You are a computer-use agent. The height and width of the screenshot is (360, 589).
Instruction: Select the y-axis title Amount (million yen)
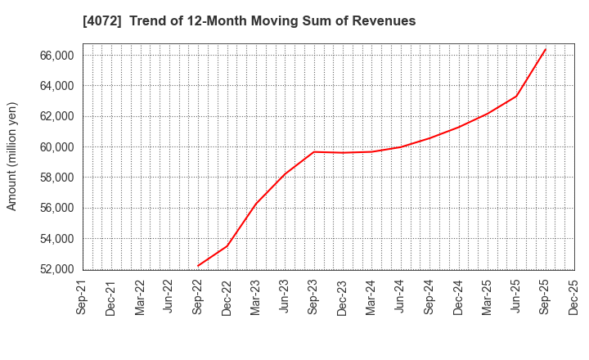pyautogui.click(x=12, y=156)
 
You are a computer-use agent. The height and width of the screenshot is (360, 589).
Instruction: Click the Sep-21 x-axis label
pyautogui.click(x=83, y=298)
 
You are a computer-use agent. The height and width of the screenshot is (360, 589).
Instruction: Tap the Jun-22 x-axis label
pyautogui.click(x=169, y=298)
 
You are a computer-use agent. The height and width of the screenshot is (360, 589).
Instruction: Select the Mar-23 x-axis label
pyautogui.click(x=256, y=298)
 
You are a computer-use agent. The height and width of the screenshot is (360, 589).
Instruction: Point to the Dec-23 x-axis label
pyautogui.click(x=343, y=298)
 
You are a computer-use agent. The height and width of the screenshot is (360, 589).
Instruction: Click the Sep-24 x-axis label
pyautogui.click(x=429, y=298)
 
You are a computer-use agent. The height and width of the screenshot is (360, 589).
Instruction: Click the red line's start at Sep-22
pyautogui.click(x=198, y=266)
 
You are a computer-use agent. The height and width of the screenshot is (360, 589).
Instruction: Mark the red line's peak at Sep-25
pyautogui.click(x=546, y=48)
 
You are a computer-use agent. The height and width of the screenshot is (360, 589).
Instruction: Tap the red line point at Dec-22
pyautogui.click(x=227, y=245)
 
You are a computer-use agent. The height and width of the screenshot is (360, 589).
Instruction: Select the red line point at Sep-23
pyautogui.click(x=314, y=151)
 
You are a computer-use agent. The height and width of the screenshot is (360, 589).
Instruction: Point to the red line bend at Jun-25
pyautogui.click(x=516, y=96)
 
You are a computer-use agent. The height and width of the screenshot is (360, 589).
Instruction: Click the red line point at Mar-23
pyautogui.click(x=256, y=204)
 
